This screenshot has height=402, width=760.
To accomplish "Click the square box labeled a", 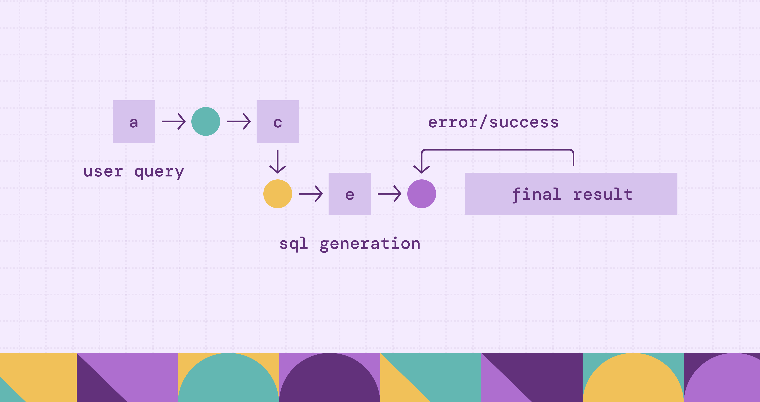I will tap(134, 121).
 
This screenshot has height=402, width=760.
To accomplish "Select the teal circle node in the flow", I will tap(206, 121).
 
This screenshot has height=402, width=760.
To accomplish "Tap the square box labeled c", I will tap(278, 121).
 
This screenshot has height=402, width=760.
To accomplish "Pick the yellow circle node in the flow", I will tap(278, 194).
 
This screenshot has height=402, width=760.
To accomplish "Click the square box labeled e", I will tap(350, 194).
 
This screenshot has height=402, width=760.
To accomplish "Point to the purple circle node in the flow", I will tap(422, 194).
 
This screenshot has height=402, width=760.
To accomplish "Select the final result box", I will tap(571, 194).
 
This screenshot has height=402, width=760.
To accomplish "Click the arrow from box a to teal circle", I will tap(173, 121).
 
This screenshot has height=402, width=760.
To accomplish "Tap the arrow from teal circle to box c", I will tap(239, 121).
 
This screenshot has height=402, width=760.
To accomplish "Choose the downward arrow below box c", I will tap(278, 161).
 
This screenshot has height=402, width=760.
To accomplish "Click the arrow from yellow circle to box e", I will tap(311, 194).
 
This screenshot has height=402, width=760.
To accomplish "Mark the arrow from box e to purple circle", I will tap(390, 194).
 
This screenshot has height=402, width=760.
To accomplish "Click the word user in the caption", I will tap(103, 172).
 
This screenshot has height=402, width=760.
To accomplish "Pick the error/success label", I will tap(493, 122).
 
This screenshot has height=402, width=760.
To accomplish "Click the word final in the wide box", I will tap(536, 195).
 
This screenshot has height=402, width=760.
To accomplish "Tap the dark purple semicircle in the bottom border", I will tap(330, 379).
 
